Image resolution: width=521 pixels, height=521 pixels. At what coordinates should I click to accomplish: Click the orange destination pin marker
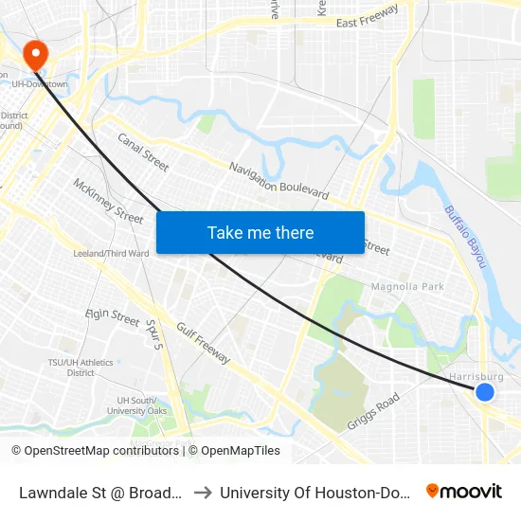tap(37, 55)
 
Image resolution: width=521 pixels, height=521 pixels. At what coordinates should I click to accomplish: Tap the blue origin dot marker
tap(485, 392)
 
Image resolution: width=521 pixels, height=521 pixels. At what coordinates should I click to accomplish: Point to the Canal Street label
tap(143, 152)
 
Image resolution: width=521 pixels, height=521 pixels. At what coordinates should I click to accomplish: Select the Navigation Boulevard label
tap(279, 181)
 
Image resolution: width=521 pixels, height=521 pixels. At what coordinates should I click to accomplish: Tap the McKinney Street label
tap(108, 200)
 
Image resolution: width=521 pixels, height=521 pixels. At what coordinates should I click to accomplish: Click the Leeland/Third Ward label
tap(111, 254)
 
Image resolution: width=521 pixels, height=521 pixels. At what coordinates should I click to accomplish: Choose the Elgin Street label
tap(113, 314)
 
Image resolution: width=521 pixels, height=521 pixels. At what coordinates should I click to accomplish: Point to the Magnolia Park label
tap(407, 286)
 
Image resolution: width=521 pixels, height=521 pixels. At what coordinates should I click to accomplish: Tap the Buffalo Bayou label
tap(465, 238)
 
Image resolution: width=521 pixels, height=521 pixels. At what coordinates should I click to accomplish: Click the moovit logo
tap(464, 492)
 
